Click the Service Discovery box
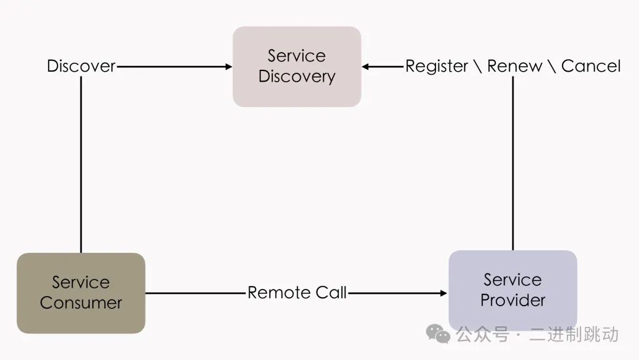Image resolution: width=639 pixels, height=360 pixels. tap(296, 66)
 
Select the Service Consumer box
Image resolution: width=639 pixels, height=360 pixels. tap(81, 292)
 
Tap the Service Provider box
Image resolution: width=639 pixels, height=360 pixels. tap(512, 290)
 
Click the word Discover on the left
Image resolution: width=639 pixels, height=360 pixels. tap(81, 66)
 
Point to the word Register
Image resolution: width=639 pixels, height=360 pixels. tap(437, 66)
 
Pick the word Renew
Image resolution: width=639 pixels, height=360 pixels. tap(514, 66)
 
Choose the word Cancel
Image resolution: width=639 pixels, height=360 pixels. tap(590, 66)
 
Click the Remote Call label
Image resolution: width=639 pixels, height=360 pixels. tap(297, 292)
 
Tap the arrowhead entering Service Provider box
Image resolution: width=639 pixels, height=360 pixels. tap(444, 292)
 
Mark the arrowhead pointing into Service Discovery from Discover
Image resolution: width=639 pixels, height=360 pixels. tap(229, 67)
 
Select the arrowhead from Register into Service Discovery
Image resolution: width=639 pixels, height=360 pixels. tap(366, 67)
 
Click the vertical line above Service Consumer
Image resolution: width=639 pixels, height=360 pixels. tap(81, 166)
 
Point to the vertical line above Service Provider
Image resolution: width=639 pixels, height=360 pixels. tap(512, 166)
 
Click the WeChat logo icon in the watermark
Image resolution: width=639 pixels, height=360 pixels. tap(438, 335)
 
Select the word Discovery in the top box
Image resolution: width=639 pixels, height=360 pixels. tap(296, 76)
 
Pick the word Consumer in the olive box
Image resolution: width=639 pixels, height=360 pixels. tap(81, 303)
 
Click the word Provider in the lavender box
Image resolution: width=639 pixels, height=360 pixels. tap(512, 300)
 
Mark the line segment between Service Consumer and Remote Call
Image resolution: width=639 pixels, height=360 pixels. tap(195, 292)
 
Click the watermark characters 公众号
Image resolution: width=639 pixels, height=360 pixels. tap(482, 335)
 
